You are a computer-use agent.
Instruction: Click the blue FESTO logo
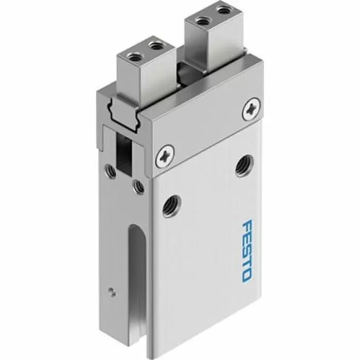click(x=246, y=250)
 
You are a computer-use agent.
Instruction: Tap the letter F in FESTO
click(x=247, y=226)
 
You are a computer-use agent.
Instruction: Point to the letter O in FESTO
click(x=246, y=274)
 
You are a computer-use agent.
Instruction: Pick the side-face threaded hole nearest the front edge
click(x=138, y=186)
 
